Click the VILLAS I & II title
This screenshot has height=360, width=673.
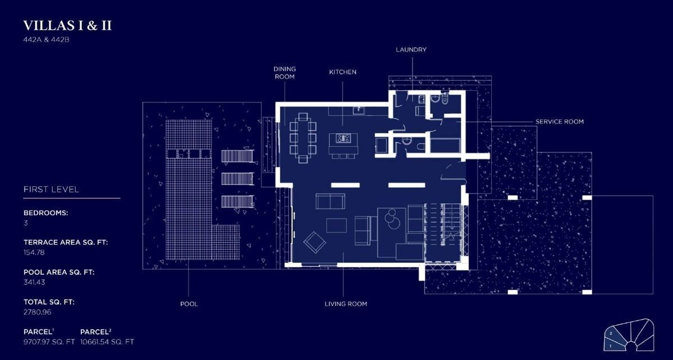point(67,26)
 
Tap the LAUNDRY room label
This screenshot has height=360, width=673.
point(411,49)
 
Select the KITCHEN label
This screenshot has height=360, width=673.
point(343,72)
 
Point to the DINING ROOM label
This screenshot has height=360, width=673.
point(284,73)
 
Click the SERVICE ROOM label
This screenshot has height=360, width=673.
point(560,122)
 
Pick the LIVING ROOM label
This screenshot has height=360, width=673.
point(345,304)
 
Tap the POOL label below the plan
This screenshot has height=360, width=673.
point(189,304)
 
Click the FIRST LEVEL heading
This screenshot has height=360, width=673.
point(51,190)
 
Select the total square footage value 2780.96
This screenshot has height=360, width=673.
point(37,312)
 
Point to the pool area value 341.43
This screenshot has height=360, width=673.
point(34,282)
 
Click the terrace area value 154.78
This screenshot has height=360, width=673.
point(34,252)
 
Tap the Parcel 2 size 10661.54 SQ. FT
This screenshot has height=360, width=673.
point(107,341)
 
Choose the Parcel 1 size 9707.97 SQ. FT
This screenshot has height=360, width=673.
point(49,341)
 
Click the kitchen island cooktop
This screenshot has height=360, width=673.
point(343,139)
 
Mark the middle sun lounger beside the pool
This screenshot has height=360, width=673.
point(237,179)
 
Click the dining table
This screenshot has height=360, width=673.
point(303,138)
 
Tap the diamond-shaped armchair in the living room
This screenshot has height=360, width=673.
point(315,242)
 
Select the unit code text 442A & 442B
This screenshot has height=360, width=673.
point(46,40)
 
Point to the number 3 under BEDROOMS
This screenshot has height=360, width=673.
point(26,223)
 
